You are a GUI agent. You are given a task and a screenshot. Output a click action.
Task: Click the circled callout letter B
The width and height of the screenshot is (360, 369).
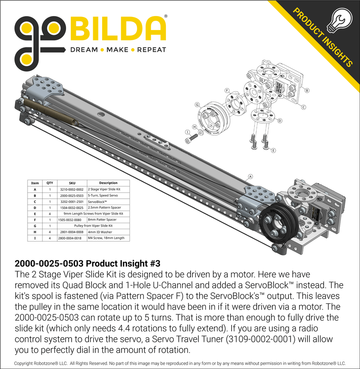click(x=307, y=90)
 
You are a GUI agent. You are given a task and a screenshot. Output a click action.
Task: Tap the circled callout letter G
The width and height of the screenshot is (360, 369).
click(x=197, y=104)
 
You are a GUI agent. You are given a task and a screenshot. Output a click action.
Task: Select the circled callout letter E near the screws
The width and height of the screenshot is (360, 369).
click(x=273, y=150)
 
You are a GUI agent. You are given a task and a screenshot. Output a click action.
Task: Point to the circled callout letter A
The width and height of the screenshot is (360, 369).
click(x=250, y=176)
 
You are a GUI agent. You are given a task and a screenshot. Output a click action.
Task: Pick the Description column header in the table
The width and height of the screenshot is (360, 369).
click(x=108, y=183)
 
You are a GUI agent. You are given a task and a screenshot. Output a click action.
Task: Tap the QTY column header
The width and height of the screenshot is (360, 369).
click(x=50, y=183)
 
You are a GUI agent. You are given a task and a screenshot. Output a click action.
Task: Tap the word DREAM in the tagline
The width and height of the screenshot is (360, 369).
click(x=83, y=50)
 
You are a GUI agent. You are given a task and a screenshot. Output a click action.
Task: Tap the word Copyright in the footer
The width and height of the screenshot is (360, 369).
click(x=27, y=363)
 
